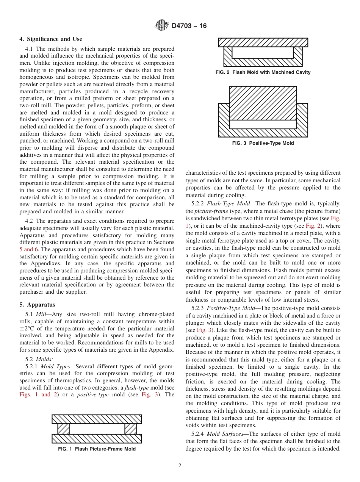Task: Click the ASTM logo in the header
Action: coord(162,26)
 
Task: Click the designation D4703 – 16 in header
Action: coord(189,26)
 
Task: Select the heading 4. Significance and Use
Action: coord(51,39)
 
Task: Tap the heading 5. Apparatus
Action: coord(37,305)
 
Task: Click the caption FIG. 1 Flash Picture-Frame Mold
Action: coord(97,449)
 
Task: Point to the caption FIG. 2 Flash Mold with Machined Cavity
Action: coord(263,72)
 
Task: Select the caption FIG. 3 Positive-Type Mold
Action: coord(263,143)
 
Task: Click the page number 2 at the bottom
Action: coord(180,466)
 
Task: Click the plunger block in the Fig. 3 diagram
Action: coord(263,103)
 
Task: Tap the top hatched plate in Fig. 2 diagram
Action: coord(263,42)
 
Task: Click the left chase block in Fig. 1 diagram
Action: coord(63,429)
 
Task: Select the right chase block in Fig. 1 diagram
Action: coord(130,429)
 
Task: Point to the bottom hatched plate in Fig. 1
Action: coord(97,439)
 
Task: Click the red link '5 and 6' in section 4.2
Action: coord(28,249)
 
